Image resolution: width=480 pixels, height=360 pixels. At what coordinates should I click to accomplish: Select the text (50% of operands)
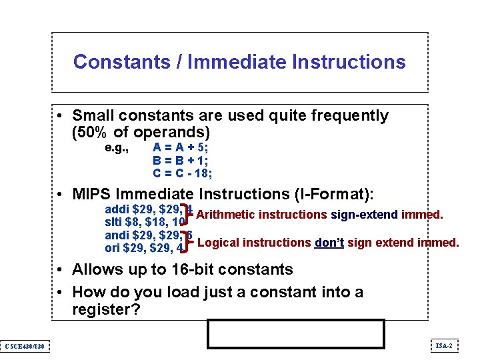click(141, 132)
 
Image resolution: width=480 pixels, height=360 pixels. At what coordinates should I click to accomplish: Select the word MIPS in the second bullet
click(92, 195)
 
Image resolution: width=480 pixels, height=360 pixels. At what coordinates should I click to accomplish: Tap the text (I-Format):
click(333, 195)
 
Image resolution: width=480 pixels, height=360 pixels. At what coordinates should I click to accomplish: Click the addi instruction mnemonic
click(117, 209)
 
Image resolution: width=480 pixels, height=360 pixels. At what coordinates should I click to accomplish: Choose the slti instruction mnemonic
click(114, 222)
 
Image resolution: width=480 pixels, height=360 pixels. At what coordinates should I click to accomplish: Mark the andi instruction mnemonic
click(117, 235)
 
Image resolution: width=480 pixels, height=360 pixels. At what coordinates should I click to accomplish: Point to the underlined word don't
click(329, 243)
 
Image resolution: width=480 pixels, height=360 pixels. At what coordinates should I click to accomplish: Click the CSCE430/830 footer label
click(24, 346)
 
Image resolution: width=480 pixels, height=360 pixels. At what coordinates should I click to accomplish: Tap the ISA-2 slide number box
click(444, 345)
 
